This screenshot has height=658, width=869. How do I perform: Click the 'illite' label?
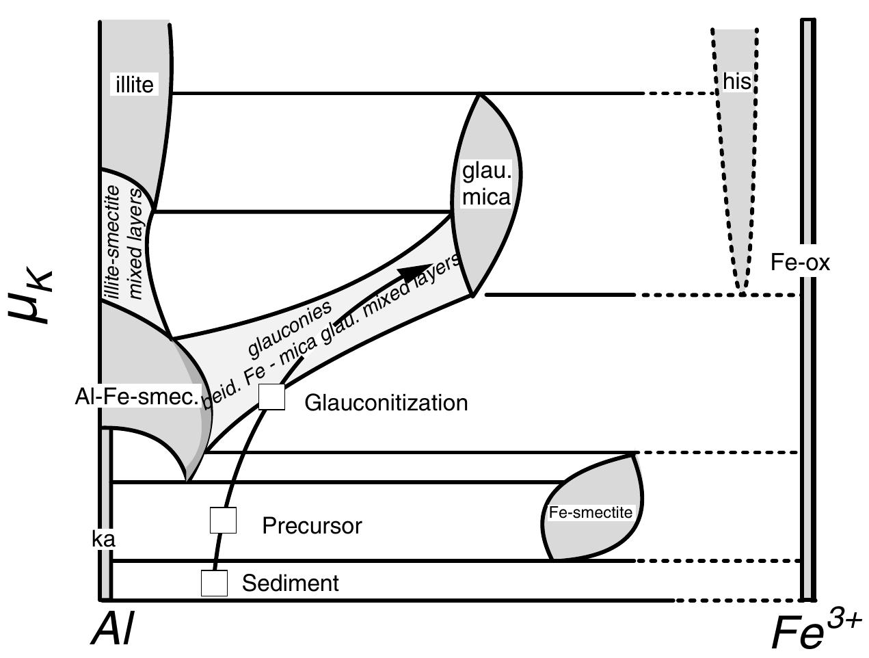[x=135, y=84]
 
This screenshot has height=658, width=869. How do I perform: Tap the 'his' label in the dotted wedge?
[x=737, y=82]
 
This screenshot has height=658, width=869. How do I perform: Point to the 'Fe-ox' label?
[x=800, y=263]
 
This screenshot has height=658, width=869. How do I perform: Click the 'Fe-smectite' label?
[x=591, y=512]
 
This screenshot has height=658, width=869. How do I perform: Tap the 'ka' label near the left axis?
[x=103, y=539]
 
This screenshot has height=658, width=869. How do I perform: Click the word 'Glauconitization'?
[x=386, y=403]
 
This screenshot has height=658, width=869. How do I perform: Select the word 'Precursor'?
[x=312, y=526]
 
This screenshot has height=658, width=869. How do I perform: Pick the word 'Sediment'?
[x=291, y=583]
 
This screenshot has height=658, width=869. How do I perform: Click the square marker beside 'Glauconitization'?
[x=272, y=397]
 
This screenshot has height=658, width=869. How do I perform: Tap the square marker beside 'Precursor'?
[x=223, y=521]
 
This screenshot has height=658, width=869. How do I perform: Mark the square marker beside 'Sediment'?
[x=214, y=583]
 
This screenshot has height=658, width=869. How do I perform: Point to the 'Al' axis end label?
[x=113, y=628]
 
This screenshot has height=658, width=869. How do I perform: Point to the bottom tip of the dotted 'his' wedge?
[x=742, y=293]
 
